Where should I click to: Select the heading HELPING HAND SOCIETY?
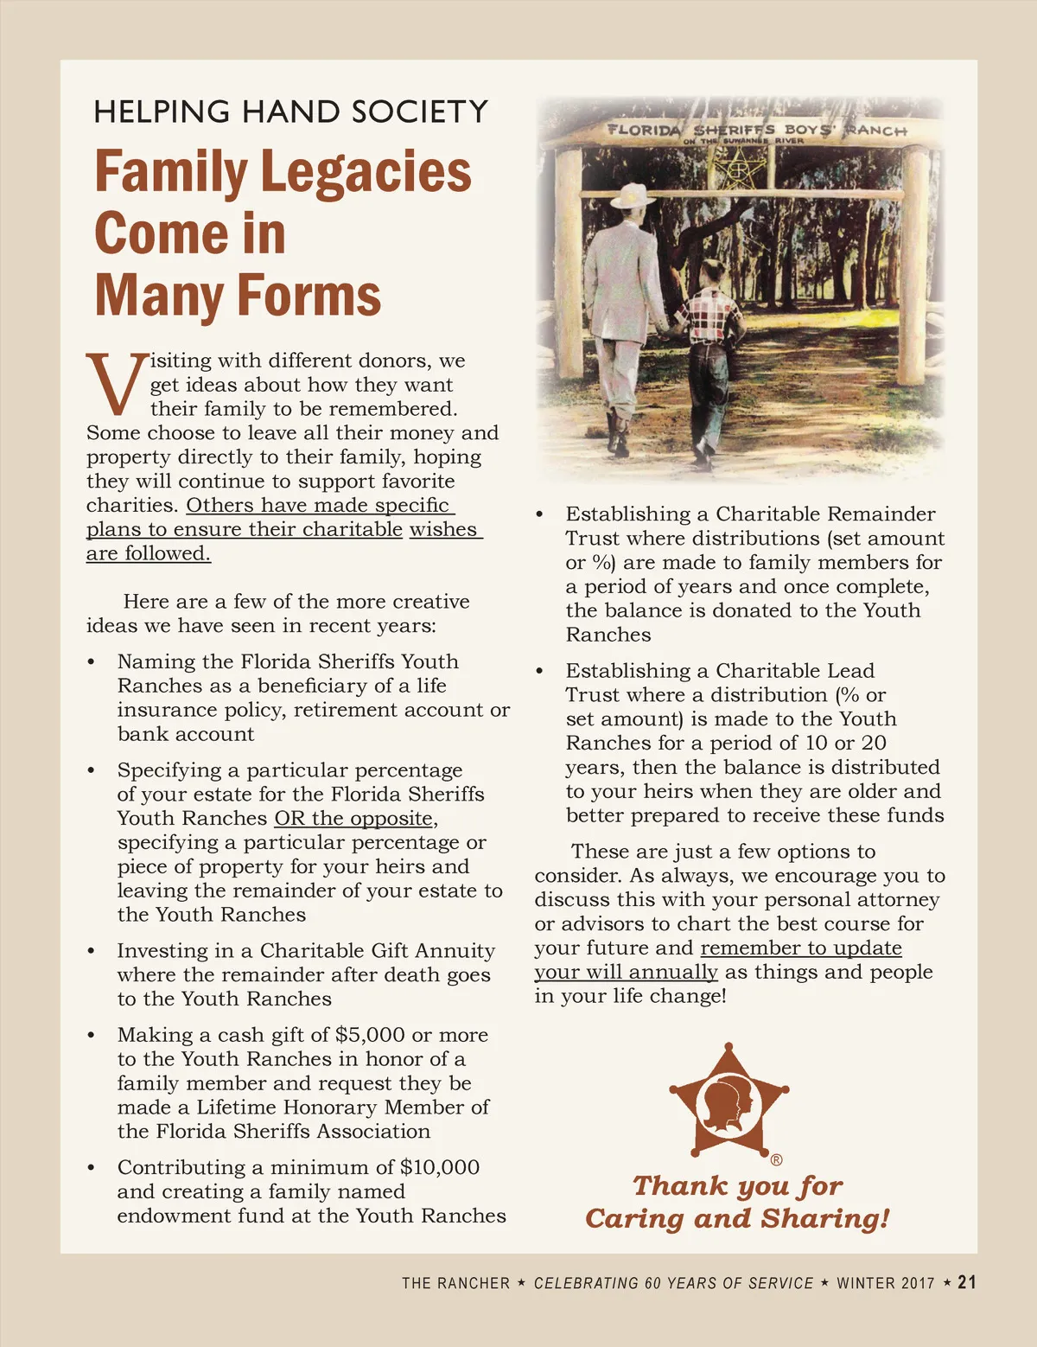(290, 112)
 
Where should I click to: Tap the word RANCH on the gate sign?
(875, 130)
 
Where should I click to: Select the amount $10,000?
(439, 1167)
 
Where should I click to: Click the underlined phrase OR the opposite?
(354, 818)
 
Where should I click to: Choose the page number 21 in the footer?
(967, 1282)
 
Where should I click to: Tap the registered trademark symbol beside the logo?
(776, 1159)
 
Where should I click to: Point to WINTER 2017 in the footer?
(885, 1283)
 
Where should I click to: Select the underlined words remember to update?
(800, 948)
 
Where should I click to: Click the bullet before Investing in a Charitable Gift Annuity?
(91, 951)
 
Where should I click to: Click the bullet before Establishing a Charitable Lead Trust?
(539, 671)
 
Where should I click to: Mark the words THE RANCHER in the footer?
(455, 1283)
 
